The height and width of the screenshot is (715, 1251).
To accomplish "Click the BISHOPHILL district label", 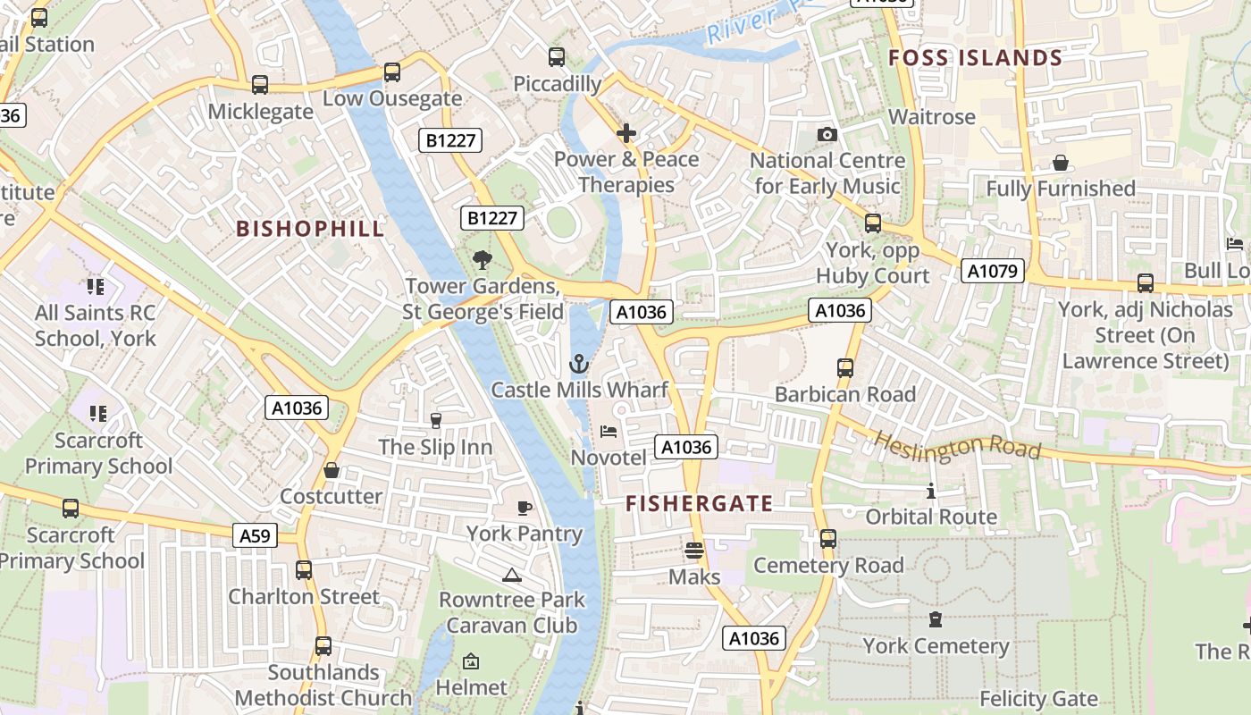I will point(310,229).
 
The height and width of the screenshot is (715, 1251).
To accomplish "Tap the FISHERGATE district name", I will point(699,503).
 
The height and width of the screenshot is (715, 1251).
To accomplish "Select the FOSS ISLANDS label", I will point(975,58).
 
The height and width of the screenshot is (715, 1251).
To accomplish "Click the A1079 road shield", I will point(992,271).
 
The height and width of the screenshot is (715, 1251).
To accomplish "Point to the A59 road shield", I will point(255,535).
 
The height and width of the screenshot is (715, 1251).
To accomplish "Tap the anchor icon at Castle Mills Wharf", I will point(579,364).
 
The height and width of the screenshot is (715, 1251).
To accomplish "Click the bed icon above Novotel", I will point(609,432).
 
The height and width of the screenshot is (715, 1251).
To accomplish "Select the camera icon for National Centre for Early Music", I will point(827,135).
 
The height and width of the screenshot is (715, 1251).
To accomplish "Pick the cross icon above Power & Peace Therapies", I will point(626,133).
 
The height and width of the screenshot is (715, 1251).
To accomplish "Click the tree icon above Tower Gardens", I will point(483,260).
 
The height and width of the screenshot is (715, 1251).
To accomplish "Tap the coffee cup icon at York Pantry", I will point(525,508).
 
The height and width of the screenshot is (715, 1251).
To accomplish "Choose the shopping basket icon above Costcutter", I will point(332,470).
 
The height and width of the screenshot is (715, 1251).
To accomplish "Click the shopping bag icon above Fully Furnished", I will point(1060,163).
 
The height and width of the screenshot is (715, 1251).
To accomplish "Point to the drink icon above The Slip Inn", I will point(435,420).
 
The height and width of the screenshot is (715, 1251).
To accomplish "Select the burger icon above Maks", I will point(694,550).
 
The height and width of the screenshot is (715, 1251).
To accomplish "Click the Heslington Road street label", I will point(957,444).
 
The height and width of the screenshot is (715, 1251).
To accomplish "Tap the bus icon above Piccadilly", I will point(557,57).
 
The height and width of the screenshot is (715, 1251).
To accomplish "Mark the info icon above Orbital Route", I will point(931,491).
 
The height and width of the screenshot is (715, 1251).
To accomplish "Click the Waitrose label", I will point(932,117).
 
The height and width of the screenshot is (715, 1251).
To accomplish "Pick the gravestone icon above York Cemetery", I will point(936,619).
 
